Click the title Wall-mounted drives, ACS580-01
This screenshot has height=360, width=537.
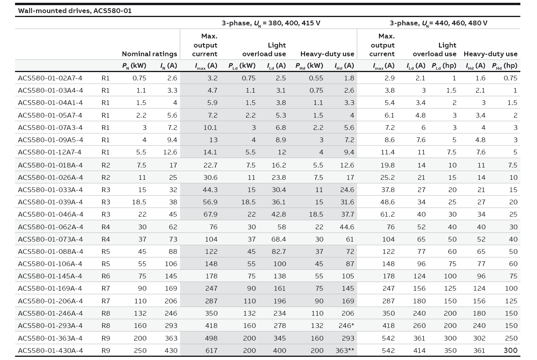75,11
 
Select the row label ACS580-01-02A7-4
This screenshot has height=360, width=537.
50,78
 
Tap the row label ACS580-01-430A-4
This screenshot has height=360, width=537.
50,350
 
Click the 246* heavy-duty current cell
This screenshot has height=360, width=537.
346,326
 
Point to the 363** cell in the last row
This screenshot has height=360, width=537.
345,350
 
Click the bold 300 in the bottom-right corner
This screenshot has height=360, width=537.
510,350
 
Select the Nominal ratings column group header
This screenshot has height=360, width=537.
150,54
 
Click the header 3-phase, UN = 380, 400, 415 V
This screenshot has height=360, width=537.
271,23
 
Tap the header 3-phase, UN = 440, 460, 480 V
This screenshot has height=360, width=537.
438,23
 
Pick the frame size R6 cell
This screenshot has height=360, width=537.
106,276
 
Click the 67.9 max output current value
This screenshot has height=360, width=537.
211,214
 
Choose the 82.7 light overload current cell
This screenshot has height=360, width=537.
279,251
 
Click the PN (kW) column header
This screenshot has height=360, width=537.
134,66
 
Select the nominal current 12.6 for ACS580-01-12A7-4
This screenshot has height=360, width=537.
170,152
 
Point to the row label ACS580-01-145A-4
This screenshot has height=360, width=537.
50,276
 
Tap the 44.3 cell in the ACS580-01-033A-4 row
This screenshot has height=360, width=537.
211,190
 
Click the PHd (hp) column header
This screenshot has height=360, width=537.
505,66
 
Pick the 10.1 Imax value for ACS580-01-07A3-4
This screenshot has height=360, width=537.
210,128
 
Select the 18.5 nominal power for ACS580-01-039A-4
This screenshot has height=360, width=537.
139,202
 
